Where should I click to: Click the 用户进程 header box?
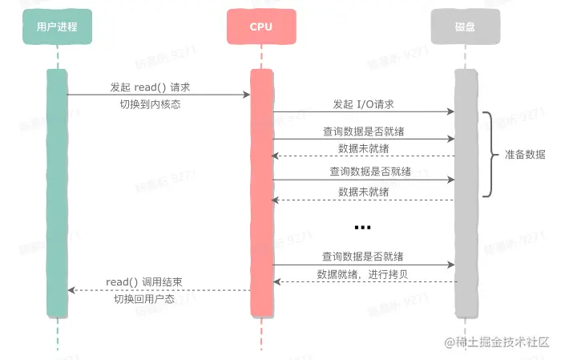coord(57,26)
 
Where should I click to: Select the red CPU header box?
coord(261,26)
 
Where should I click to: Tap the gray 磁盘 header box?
coord(465,26)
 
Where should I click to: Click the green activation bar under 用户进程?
coord(57,192)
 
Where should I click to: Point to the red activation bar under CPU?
coord(261,192)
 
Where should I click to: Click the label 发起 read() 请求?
coord(150,86)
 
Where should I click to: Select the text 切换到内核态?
coord(150,104)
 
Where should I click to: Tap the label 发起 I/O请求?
coord(364,104)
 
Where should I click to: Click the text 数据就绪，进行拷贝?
coord(364,274)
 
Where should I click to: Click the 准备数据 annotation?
coord(525,155)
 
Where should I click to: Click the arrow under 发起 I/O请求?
coord(364,112)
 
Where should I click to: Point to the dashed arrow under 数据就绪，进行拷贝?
coord(364,282)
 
